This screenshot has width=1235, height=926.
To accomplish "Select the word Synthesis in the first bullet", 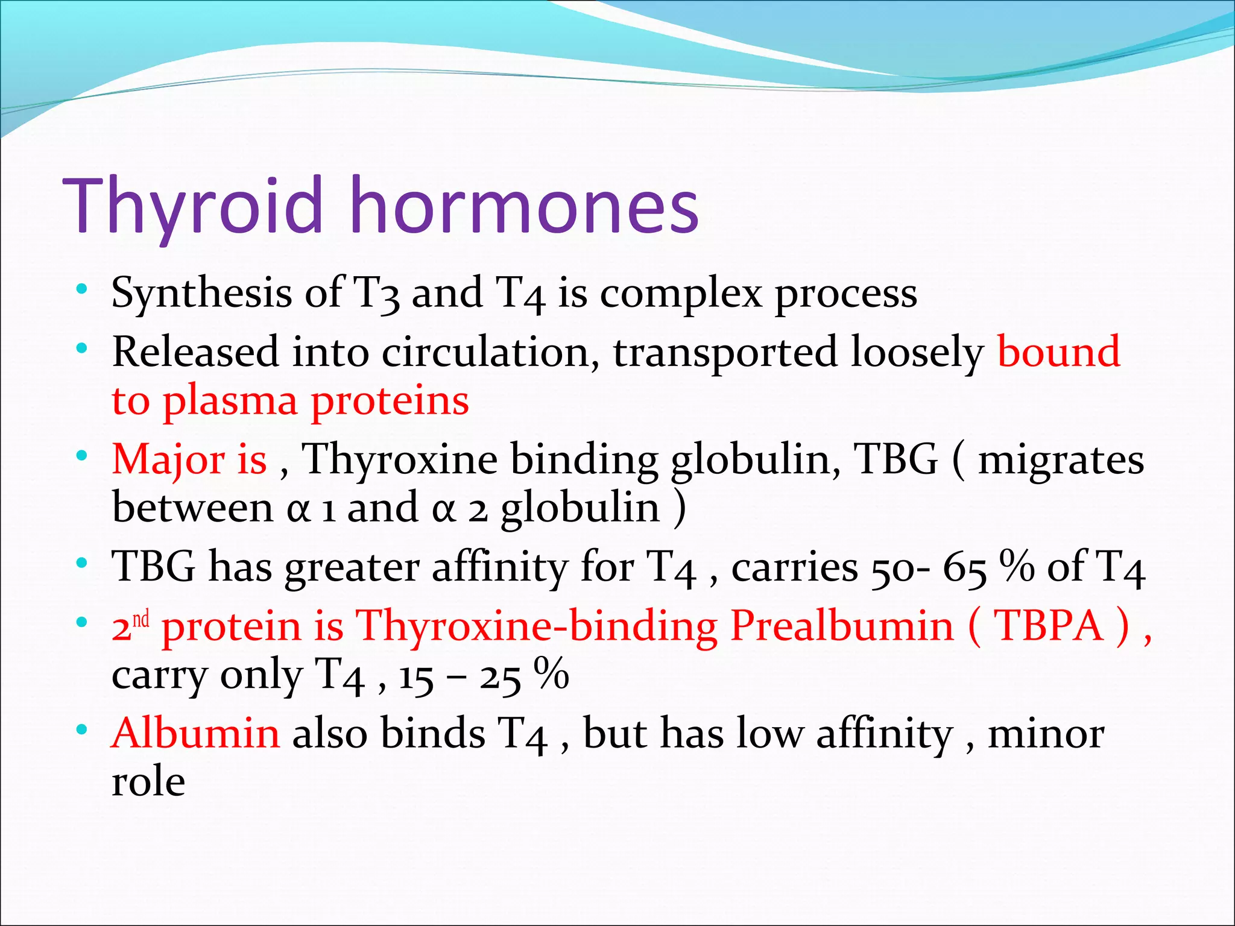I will point(201,294).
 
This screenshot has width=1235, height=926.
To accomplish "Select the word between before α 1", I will point(192,508).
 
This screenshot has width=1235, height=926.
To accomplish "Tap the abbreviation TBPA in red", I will point(1048,626).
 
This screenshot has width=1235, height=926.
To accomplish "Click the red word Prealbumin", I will point(842,626).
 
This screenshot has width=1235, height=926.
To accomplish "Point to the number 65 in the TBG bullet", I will point(965,568).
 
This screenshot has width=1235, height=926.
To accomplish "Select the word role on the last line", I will point(148,782).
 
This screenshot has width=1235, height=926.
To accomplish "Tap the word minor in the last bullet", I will point(1046,734).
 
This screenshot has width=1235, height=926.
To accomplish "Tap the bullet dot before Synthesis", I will point(83,290).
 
